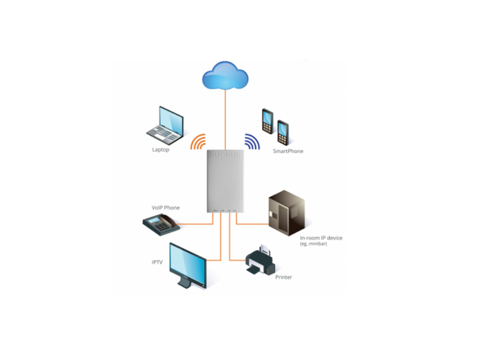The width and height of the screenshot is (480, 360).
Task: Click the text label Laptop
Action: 161,150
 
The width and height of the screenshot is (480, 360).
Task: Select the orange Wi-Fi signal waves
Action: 199,142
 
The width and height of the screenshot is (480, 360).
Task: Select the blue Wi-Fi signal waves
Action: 252,142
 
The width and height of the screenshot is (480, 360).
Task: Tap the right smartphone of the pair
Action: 283,131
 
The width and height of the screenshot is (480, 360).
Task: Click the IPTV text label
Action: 157,262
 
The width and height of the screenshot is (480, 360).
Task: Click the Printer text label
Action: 284,277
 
